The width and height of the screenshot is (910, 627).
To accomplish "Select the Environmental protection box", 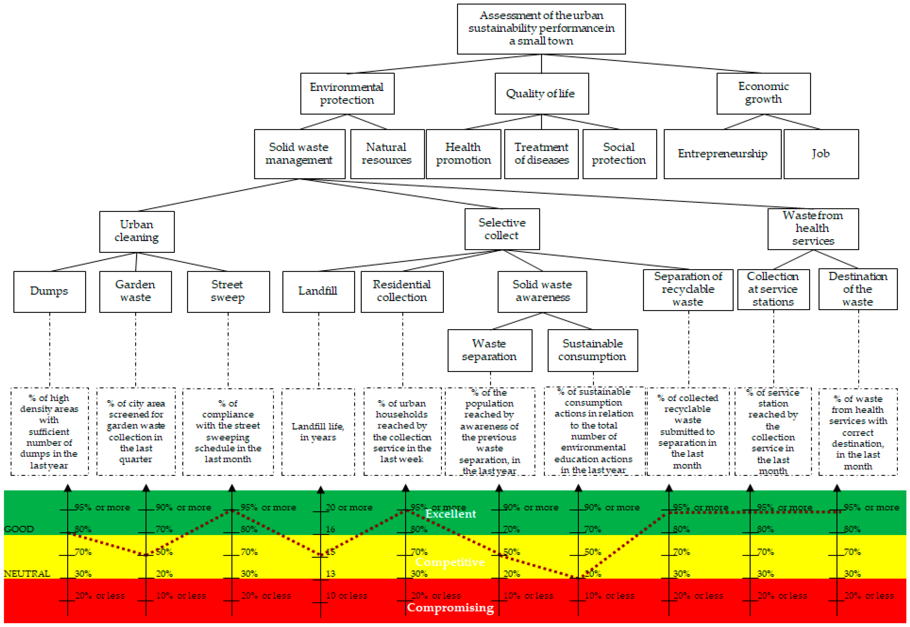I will pyautogui.click(x=347, y=93).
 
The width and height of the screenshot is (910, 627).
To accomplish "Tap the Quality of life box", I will pyautogui.click(x=541, y=93).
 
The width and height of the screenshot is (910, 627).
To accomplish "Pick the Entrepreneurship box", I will pyautogui.click(x=722, y=154).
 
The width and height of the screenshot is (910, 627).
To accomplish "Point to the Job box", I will pyautogui.click(x=820, y=154).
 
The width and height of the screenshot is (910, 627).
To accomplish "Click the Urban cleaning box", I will pyautogui.click(x=137, y=231).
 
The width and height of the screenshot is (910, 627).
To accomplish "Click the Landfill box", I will pyautogui.click(x=318, y=291).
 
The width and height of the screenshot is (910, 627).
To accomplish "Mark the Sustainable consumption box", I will pyautogui.click(x=592, y=350).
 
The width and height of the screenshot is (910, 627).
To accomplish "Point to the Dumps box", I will pyautogui.click(x=50, y=291).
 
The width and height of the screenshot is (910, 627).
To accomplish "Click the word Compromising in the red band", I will pyautogui.click(x=450, y=607).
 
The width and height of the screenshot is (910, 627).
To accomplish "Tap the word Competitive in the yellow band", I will pyautogui.click(x=450, y=562).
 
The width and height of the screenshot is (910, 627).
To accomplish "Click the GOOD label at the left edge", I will pyautogui.click(x=19, y=529).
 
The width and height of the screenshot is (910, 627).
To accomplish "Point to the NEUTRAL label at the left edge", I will pyautogui.click(x=27, y=574).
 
